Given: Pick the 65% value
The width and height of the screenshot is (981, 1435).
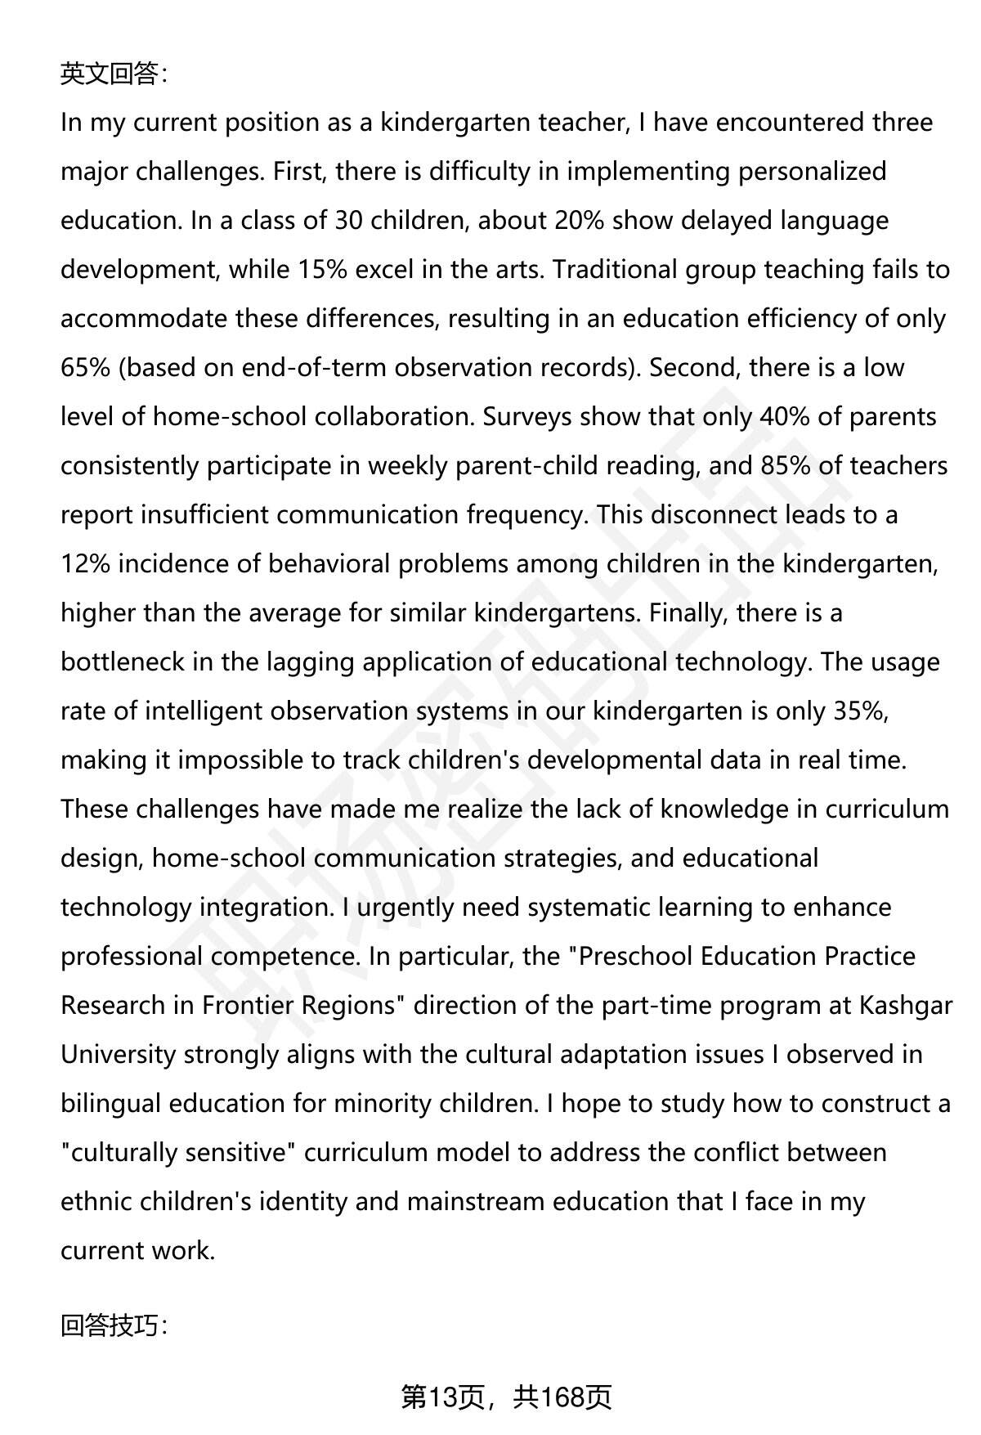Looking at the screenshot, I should pos(85,368).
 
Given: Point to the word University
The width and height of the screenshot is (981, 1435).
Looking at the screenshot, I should pos(118,1055).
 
